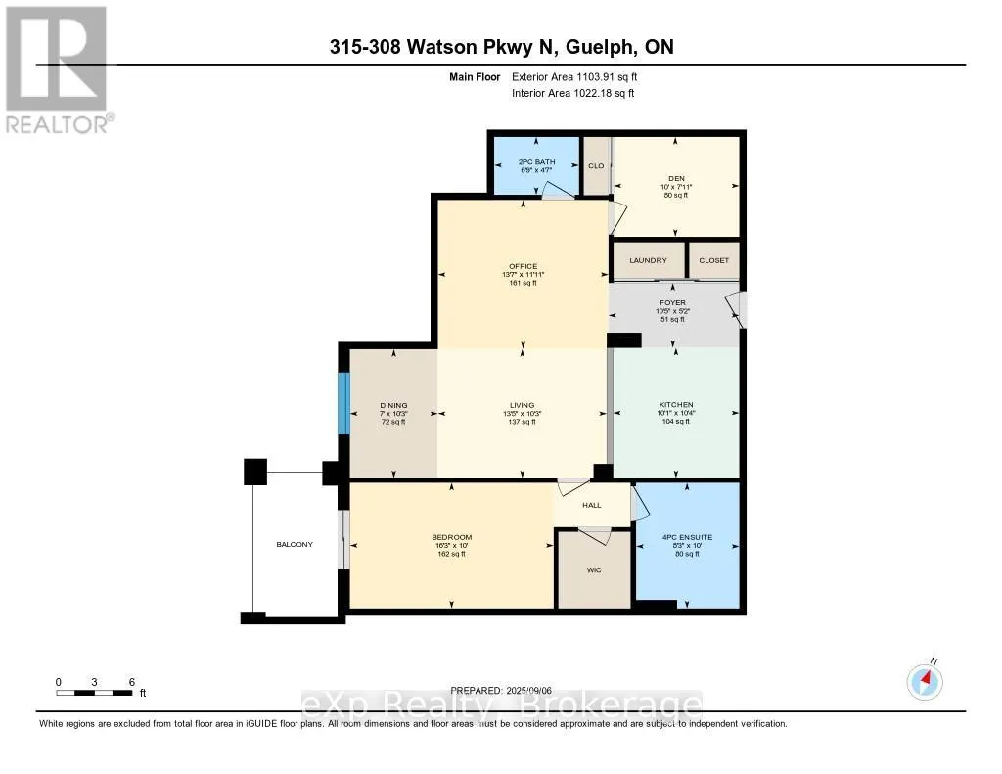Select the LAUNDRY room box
pyautogui.click(x=648, y=260)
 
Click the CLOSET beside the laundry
pyautogui.click(x=713, y=260)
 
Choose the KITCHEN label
pyautogui.click(x=675, y=405)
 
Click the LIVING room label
pyautogui.click(x=523, y=405)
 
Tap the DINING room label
pyautogui.click(x=393, y=405)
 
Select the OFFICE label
pyautogui.click(x=523, y=266)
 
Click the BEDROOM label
pyautogui.click(x=451, y=537)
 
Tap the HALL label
pyautogui.click(x=591, y=505)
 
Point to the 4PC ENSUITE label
pyautogui.click(x=686, y=537)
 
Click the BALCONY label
pyautogui.click(x=295, y=544)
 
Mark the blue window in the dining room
pyautogui.click(x=342, y=403)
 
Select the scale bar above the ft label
pyautogui.click(x=95, y=693)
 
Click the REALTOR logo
pyautogui.click(x=57, y=68)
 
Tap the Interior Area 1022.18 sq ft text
pyautogui.click(x=572, y=93)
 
